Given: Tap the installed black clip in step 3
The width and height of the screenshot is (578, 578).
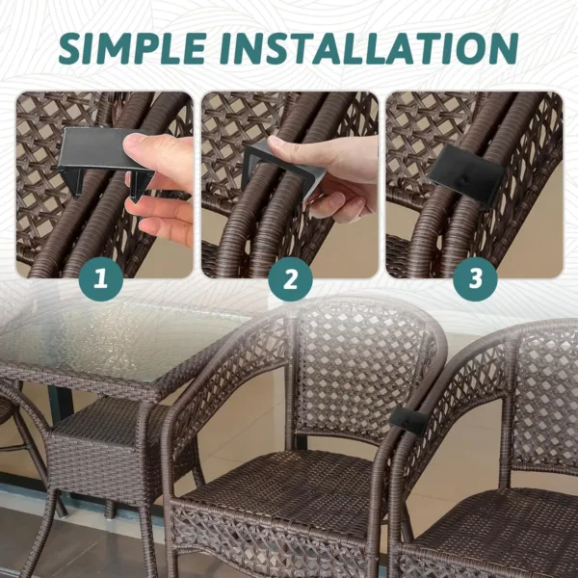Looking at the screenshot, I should pyautogui.click(x=465, y=174).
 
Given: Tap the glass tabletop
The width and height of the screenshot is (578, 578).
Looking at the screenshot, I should pyautogui.click(x=96, y=347).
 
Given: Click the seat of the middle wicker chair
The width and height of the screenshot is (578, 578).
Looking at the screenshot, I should pyautogui.click(x=279, y=491).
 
